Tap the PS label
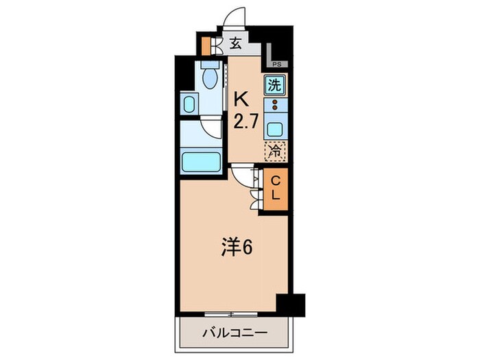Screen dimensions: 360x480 pyautogui.click(x=276, y=64)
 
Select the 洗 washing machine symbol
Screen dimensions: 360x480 pyautogui.click(x=274, y=86)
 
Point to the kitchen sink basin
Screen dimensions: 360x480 pyautogui.click(x=275, y=129)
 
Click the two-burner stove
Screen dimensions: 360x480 pyautogui.click(x=274, y=106)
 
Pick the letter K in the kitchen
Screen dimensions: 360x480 pyautogui.click(x=241, y=97)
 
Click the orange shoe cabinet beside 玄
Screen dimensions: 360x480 pyautogui.click(x=205, y=46)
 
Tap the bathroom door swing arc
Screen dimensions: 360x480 pyautogui.click(x=209, y=130)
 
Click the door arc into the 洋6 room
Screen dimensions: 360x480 pyautogui.click(x=242, y=177)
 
